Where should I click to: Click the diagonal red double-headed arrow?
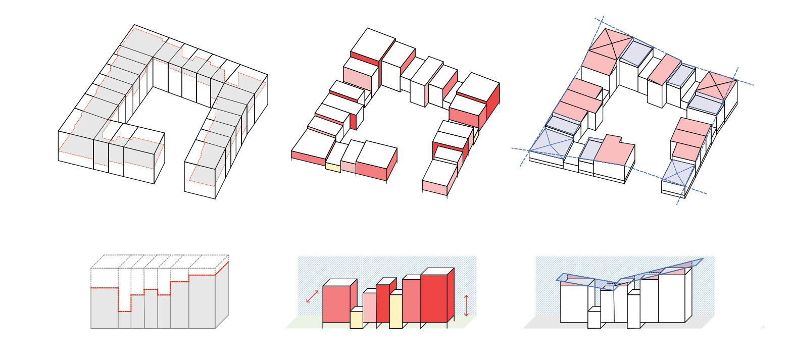[313, 296]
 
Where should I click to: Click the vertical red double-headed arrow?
[466, 305]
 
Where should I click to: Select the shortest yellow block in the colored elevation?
[356, 319]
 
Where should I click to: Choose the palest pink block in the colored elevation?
[369, 307]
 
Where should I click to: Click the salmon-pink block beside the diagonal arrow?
[336, 303]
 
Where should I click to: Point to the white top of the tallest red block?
[437, 271]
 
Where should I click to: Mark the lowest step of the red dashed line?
[125, 311]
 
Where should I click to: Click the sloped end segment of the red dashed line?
[222, 268]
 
